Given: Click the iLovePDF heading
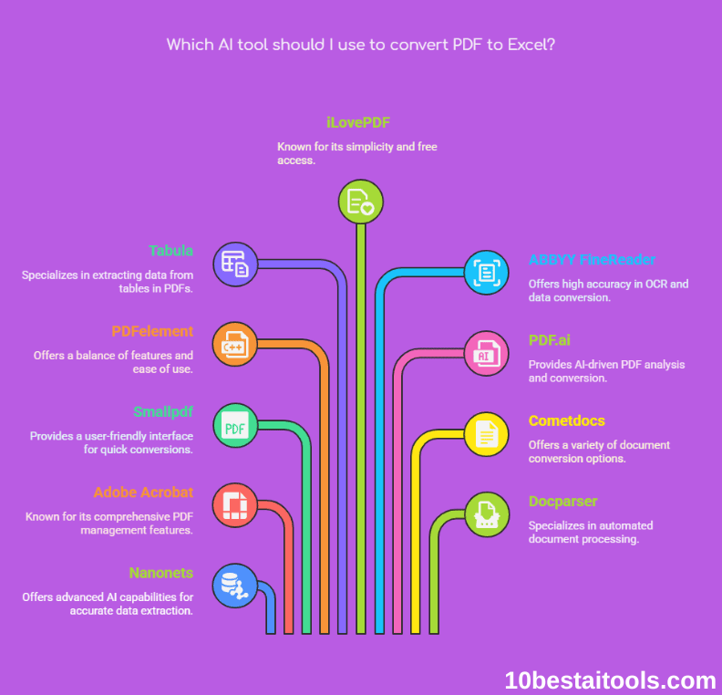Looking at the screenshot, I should (358, 122).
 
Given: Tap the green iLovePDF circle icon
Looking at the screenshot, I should (361, 201).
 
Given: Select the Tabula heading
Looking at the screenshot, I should (171, 251).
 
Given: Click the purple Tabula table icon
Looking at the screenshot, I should (234, 265).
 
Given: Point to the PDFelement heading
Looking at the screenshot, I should (152, 331).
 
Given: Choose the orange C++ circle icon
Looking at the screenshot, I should (234, 345).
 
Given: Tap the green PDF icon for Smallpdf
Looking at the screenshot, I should (234, 425).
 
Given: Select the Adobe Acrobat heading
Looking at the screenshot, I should (143, 493).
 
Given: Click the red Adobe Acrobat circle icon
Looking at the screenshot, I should (234, 505).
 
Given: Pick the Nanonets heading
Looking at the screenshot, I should (160, 573).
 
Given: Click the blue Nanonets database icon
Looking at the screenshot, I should (234, 586).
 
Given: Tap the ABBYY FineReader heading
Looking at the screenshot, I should (592, 260).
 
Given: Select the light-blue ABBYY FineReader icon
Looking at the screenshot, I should (487, 272).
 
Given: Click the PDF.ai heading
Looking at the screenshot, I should (550, 340).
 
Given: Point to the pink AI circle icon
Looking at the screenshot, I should (487, 354).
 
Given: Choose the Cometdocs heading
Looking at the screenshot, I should (567, 420).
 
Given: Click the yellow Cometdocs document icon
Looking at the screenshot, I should (487, 434).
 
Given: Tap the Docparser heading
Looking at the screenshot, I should (563, 501).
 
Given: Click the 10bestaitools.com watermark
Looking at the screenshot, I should (611, 679).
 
